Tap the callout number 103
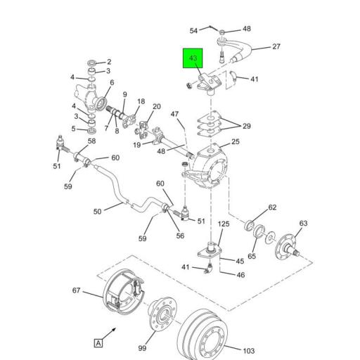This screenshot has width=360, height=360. (249, 349)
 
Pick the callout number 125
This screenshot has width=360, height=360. (223, 224)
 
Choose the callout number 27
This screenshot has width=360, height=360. (276, 47)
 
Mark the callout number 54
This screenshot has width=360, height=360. (193, 30)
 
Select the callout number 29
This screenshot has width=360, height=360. (246, 126)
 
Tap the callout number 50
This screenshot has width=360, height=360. (98, 211)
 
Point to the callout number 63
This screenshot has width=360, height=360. (303, 224)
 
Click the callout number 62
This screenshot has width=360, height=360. (272, 207)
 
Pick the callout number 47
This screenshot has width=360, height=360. (175, 114)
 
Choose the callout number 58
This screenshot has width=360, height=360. (91, 142)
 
